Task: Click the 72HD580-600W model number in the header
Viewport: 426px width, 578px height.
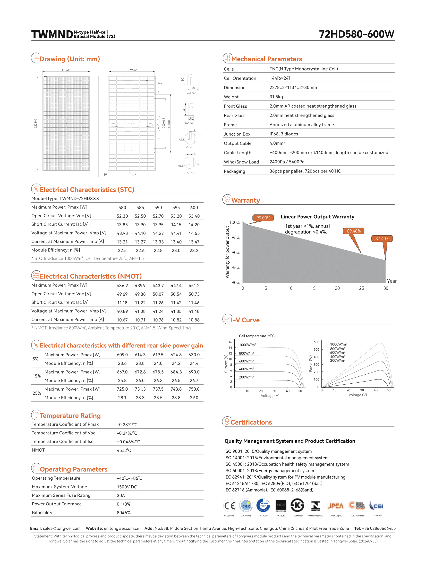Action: click(356, 34)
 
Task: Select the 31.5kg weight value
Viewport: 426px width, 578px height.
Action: click(276, 97)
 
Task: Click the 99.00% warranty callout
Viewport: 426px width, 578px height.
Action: click(263, 218)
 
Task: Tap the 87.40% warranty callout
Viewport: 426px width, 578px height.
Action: click(382, 239)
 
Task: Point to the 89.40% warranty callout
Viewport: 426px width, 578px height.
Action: click(354, 231)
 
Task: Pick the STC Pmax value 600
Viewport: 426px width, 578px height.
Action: click(194, 208)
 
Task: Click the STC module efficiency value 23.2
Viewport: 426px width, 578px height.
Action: click(194, 250)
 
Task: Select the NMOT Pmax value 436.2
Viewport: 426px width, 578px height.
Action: click(122, 286)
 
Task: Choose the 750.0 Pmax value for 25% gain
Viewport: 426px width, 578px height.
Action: click(194, 389)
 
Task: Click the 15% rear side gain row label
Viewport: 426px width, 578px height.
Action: click(37, 376)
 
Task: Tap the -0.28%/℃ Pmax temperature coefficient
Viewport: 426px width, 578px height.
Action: click(127, 425)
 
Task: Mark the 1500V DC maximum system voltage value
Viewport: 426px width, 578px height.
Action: click(127, 487)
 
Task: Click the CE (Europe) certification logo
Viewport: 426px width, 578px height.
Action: click(229, 506)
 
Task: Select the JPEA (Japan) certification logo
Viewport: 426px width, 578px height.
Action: click(336, 506)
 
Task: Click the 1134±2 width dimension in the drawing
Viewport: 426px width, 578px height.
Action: click(66, 70)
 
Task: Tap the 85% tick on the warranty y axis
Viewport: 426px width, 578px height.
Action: click(236, 268)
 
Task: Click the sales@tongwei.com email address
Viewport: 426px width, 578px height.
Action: click(62, 529)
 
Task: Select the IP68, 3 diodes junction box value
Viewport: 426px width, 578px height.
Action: click(284, 134)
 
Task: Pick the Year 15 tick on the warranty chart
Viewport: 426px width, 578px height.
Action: click(313, 288)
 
